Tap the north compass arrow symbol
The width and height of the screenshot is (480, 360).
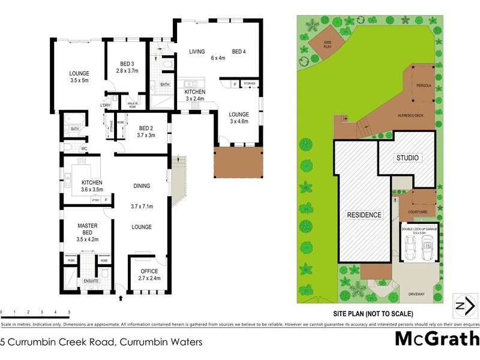pyautogui.click(x=462, y=305)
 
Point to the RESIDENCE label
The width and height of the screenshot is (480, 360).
pyautogui.click(x=364, y=214)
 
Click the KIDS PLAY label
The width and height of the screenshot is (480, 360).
pyautogui.click(x=328, y=43)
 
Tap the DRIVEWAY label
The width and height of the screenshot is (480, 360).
pyautogui.click(x=416, y=295)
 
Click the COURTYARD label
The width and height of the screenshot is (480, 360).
pyautogui.click(x=416, y=212)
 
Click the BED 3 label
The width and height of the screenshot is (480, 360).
pyautogui.click(x=127, y=64)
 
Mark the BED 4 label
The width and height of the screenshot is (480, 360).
pyautogui.click(x=239, y=52)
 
